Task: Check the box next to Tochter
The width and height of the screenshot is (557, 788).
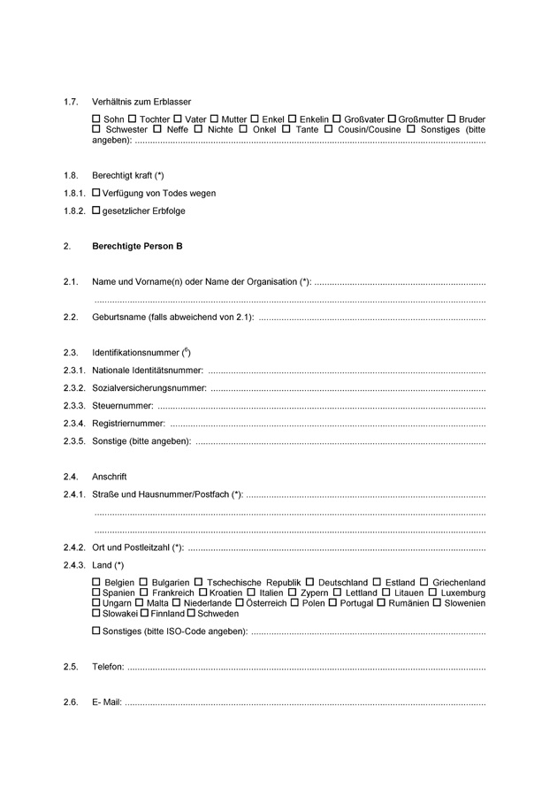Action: tap(132, 119)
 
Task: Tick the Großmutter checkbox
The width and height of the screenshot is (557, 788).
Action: tap(393, 119)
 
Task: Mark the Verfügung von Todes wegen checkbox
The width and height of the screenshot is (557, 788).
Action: tap(96, 193)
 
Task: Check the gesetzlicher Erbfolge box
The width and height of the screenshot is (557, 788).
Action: tap(96, 210)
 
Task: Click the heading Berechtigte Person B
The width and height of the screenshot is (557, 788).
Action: tap(137, 246)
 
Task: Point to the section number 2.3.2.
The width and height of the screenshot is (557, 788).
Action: tap(74, 387)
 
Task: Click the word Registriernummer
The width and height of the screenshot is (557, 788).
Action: tap(128, 424)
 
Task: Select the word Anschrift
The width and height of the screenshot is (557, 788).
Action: tap(110, 477)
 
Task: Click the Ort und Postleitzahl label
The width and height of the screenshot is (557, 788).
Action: tap(137, 547)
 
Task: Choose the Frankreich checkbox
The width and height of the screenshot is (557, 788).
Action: tap(144, 593)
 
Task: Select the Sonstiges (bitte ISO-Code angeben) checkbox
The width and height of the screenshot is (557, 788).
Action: tap(96, 632)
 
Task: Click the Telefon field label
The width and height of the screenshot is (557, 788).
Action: tap(108, 668)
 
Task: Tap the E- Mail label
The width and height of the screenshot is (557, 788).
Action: tap(107, 703)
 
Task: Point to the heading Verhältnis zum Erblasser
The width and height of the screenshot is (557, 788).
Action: tap(141, 102)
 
